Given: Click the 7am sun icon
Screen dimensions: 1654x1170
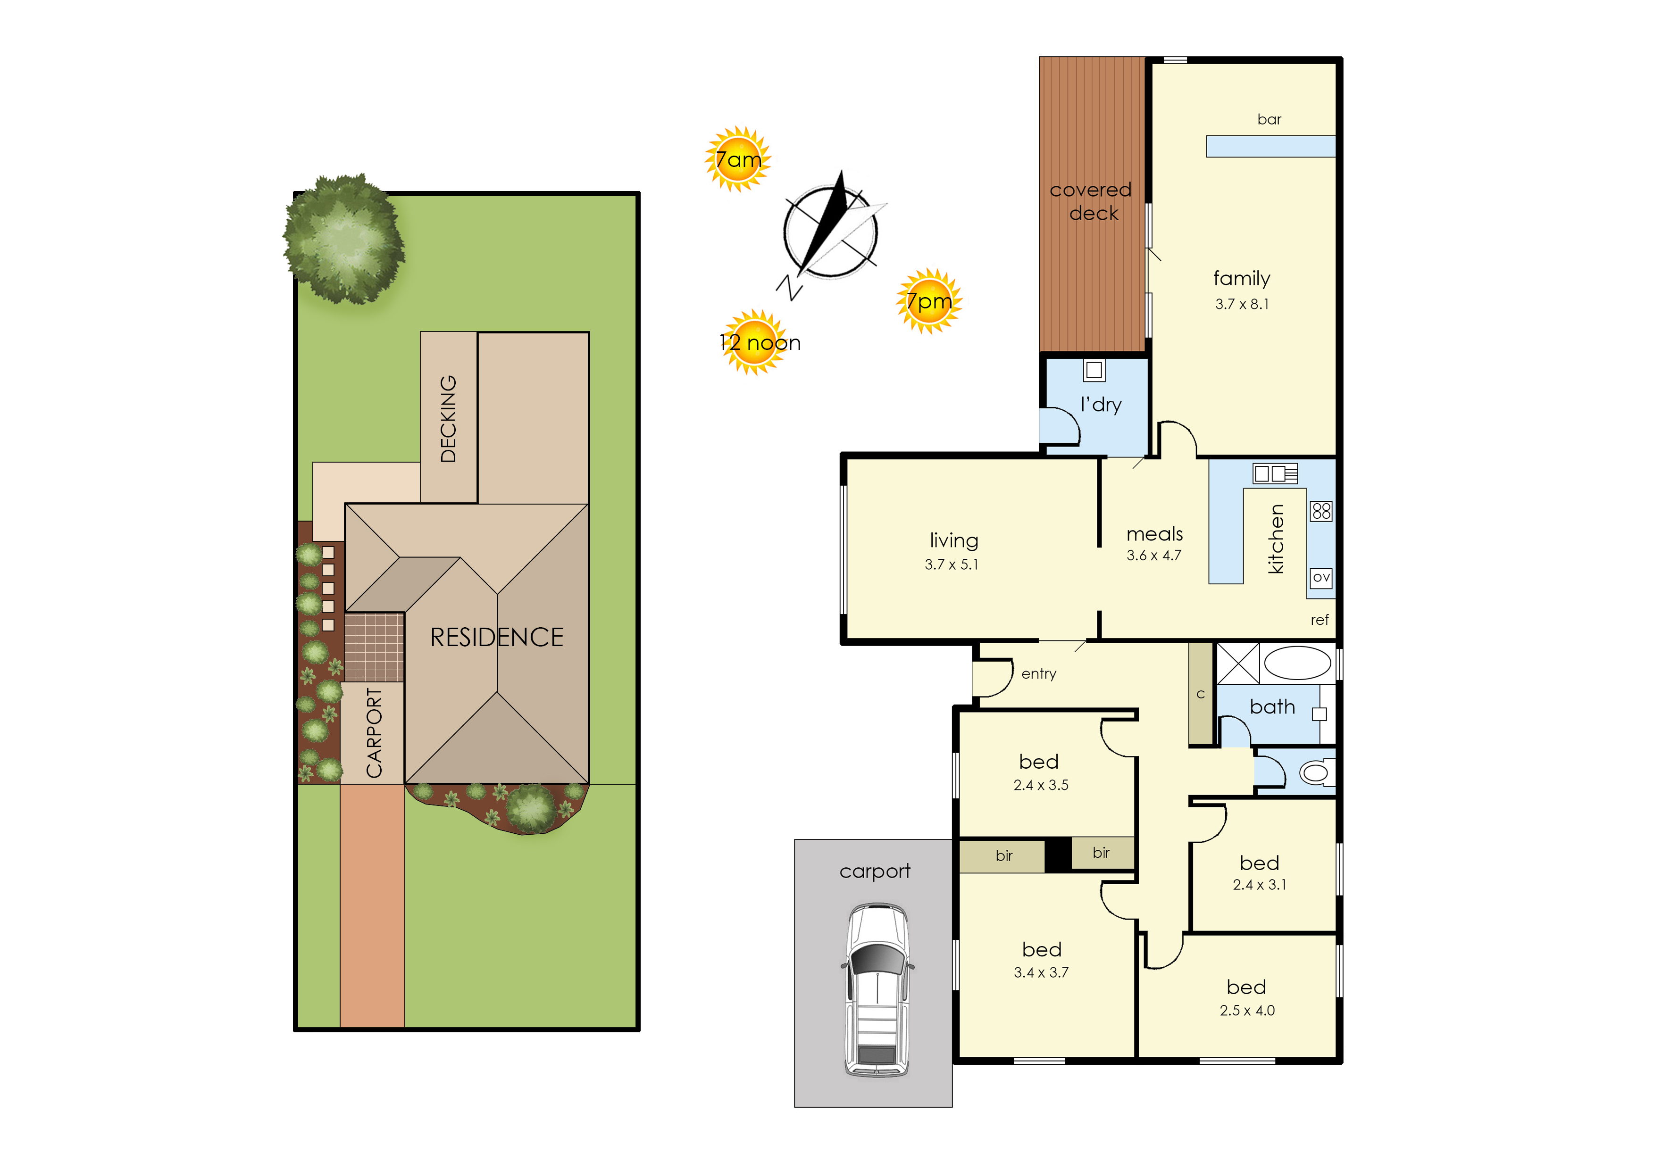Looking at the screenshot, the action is [737, 159].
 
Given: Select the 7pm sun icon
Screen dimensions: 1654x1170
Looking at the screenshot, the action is [929, 301].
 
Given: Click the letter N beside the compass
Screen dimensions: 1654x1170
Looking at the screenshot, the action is [789, 288].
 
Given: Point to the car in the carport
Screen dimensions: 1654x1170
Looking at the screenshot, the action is [877, 990].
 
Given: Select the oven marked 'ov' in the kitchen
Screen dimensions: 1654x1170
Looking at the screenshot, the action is [1320, 578].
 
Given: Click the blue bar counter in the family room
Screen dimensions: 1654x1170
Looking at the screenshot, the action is [1270, 146].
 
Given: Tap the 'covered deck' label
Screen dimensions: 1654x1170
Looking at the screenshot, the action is [1091, 201].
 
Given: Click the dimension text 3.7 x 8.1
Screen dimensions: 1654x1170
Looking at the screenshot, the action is [1242, 304].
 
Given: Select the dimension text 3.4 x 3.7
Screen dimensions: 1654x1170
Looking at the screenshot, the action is [1041, 972].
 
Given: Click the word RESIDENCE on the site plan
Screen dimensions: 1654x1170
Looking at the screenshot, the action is [497, 637].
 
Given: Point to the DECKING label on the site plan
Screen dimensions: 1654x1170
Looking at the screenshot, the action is [448, 419].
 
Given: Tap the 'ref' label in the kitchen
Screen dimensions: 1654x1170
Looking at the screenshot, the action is [1320, 620].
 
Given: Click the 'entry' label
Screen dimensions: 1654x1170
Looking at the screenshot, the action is [1038, 673].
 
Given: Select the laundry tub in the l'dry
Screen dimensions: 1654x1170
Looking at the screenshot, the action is [1094, 370].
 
